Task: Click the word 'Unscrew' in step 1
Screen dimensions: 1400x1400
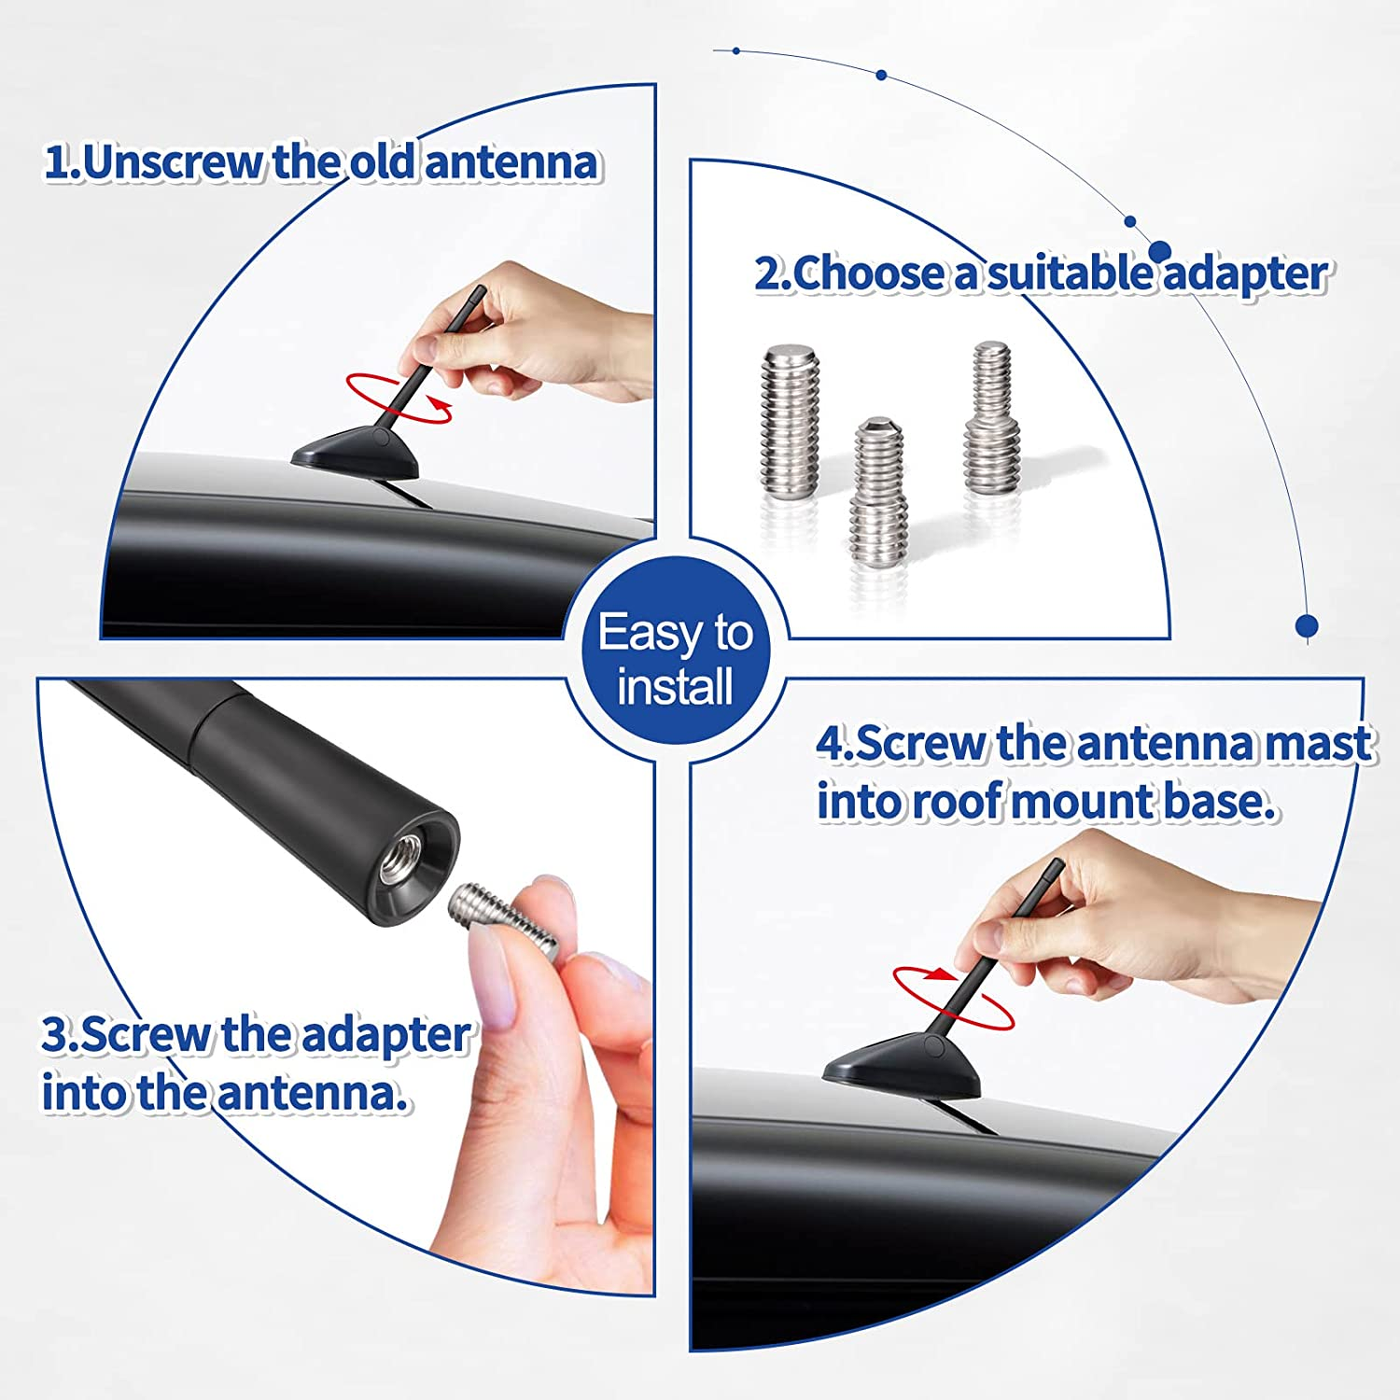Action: click(174, 161)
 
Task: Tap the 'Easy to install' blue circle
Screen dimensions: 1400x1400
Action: click(675, 658)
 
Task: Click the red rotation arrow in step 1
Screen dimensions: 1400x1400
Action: click(399, 399)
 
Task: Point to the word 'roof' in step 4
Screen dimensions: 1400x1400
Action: click(957, 802)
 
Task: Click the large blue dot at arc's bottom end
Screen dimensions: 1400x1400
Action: click(1307, 625)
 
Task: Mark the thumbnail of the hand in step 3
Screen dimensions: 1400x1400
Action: click(496, 980)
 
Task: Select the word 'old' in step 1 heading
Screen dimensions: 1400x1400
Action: click(384, 161)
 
